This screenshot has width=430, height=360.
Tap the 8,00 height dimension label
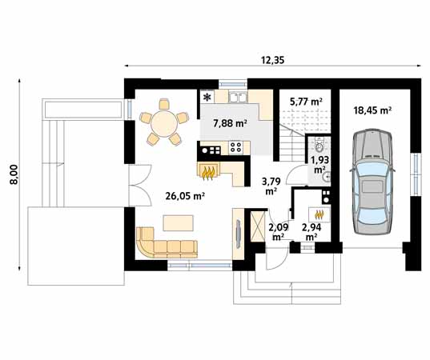pyautogui.click(x=13, y=174)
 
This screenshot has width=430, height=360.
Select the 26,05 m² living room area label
pyautogui.click(x=183, y=195)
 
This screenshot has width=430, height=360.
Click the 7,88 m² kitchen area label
pyautogui.click(x=229, y=123)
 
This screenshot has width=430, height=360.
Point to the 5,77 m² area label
pyautogui.click(x=306, y=102)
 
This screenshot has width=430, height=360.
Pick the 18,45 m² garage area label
pyautogui.click(x=372, y=110)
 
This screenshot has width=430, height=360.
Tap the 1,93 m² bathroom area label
pyautogui.click(x=319, y=165)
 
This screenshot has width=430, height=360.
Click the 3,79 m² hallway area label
pyautogui.click(x=270, y=186)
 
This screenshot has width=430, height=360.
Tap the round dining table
pyautogui.click(x=162, y=122)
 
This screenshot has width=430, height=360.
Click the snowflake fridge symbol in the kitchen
pyautogui.click(x=207, y=98)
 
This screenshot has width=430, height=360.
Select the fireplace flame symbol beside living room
pyautogui.click(x=210, y=170)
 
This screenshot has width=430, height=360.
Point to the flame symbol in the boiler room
pyautogui.click(x=320, y=214)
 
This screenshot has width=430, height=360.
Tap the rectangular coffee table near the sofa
pyautogui.click(x=176, y=221)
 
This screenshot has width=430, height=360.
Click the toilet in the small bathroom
pyautogui.click(x=319, y=147)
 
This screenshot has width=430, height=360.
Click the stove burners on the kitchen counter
pyautogui.click(x=236, y=147)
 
